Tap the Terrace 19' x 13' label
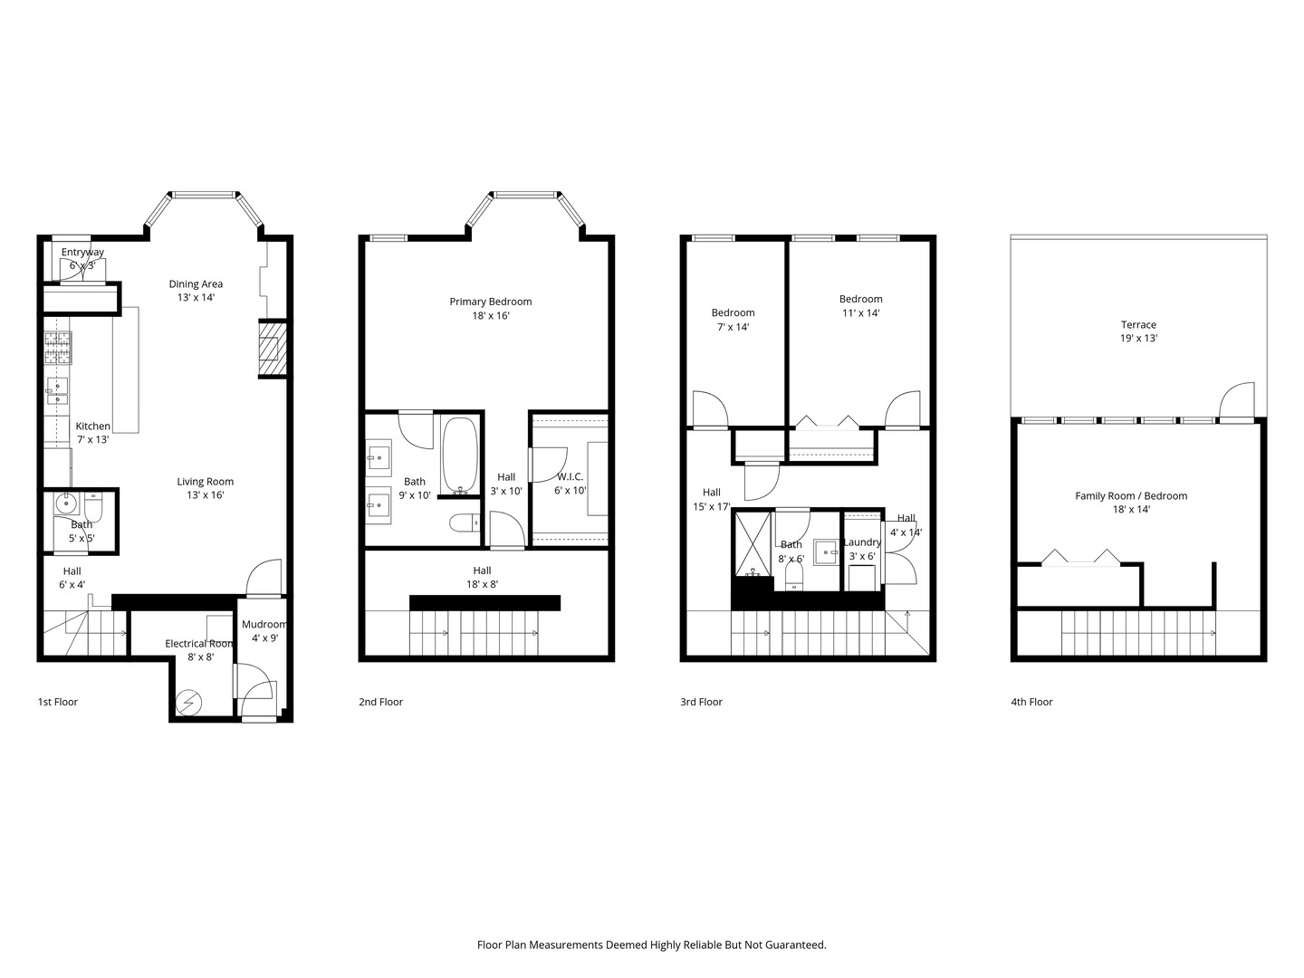[1138, 331]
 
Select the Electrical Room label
[199, 643]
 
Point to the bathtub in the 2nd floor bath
[459, 455]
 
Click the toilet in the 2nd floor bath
[464, 523]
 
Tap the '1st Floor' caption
[58, 701]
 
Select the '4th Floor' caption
[1031, 701]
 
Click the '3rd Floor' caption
[701, 701]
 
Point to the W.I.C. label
[570, 476]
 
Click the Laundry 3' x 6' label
[862, 549]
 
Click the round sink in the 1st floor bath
[65, 503]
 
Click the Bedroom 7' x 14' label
[733, 320]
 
